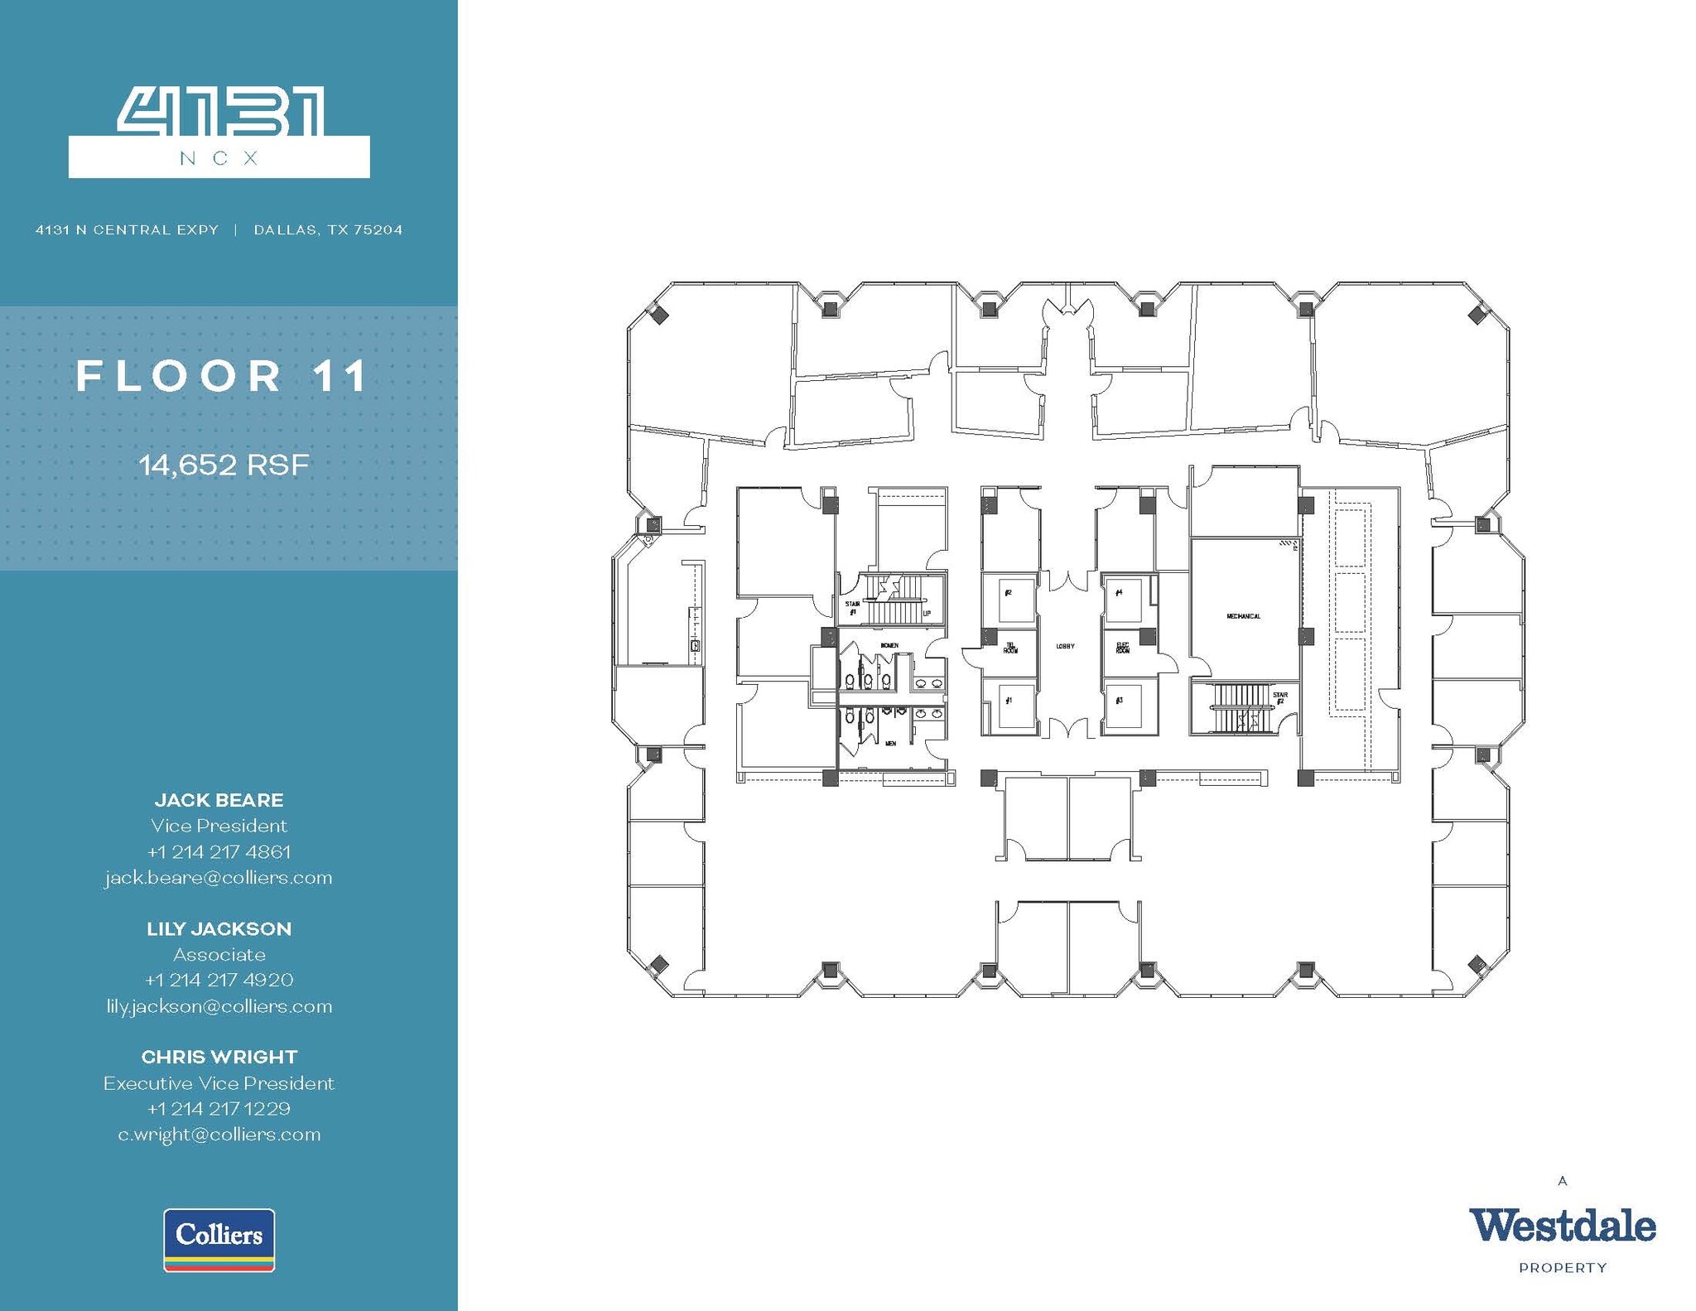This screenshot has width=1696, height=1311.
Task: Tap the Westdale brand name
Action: click(1562, 1226)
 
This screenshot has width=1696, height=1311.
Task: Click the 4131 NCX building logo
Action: click(219, 133)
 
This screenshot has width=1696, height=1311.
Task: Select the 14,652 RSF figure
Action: click(224, 465)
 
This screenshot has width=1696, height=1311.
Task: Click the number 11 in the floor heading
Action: click(340, 377)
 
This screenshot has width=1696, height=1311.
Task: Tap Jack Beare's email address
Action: click(219, 878)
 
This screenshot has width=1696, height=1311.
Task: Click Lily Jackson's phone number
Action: click(219, 981)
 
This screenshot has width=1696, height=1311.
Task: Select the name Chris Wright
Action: click(219, 1058)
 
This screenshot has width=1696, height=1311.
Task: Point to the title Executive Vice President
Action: click(219, 1083)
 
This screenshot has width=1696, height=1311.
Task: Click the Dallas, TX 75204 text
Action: click(328, 230)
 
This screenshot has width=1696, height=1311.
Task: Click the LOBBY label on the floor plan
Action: click(1065, 646)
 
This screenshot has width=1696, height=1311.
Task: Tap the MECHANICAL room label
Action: click(1243, 616)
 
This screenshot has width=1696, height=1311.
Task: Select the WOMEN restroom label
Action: click(889, 645)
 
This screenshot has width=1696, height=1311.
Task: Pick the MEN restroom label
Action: click(891, 744)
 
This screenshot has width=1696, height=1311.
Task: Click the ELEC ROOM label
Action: click(1123, 648)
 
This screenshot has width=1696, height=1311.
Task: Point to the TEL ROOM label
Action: click(1010, 648)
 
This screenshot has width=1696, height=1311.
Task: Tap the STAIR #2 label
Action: click(1280, 698)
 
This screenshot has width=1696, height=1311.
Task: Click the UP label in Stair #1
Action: click(927, 614)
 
